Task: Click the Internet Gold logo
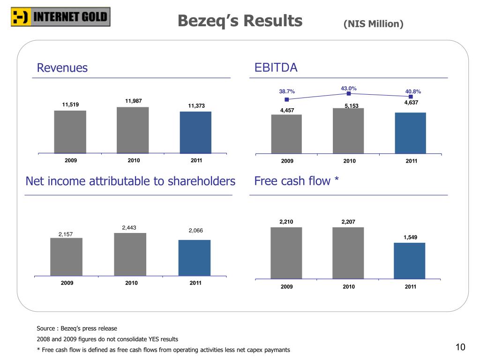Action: (x=60, y=17)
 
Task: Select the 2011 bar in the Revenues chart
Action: (x=195, y=132)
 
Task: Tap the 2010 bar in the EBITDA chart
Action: (x=348, y=131)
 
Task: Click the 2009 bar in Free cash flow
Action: (x=286, y=253)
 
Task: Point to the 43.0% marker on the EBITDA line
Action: (x=349, y=94)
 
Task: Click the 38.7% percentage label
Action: (x=287, y=91)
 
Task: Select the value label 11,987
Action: (x=134, y=101)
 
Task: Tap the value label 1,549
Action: (x=410, y=238)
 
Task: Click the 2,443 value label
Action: (x=129, y=228)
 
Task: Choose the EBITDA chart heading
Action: (x=276, y=68)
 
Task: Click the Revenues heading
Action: (x=62, y=68)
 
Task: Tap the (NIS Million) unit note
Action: (x=373, y=23)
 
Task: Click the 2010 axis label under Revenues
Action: (x=134, y=161)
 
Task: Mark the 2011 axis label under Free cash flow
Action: (x=411, y=287)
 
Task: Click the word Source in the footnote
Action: (x=46, y=328)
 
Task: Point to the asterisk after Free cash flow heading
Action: (x=336, y=180)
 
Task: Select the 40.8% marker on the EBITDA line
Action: (x=411, y=97)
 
